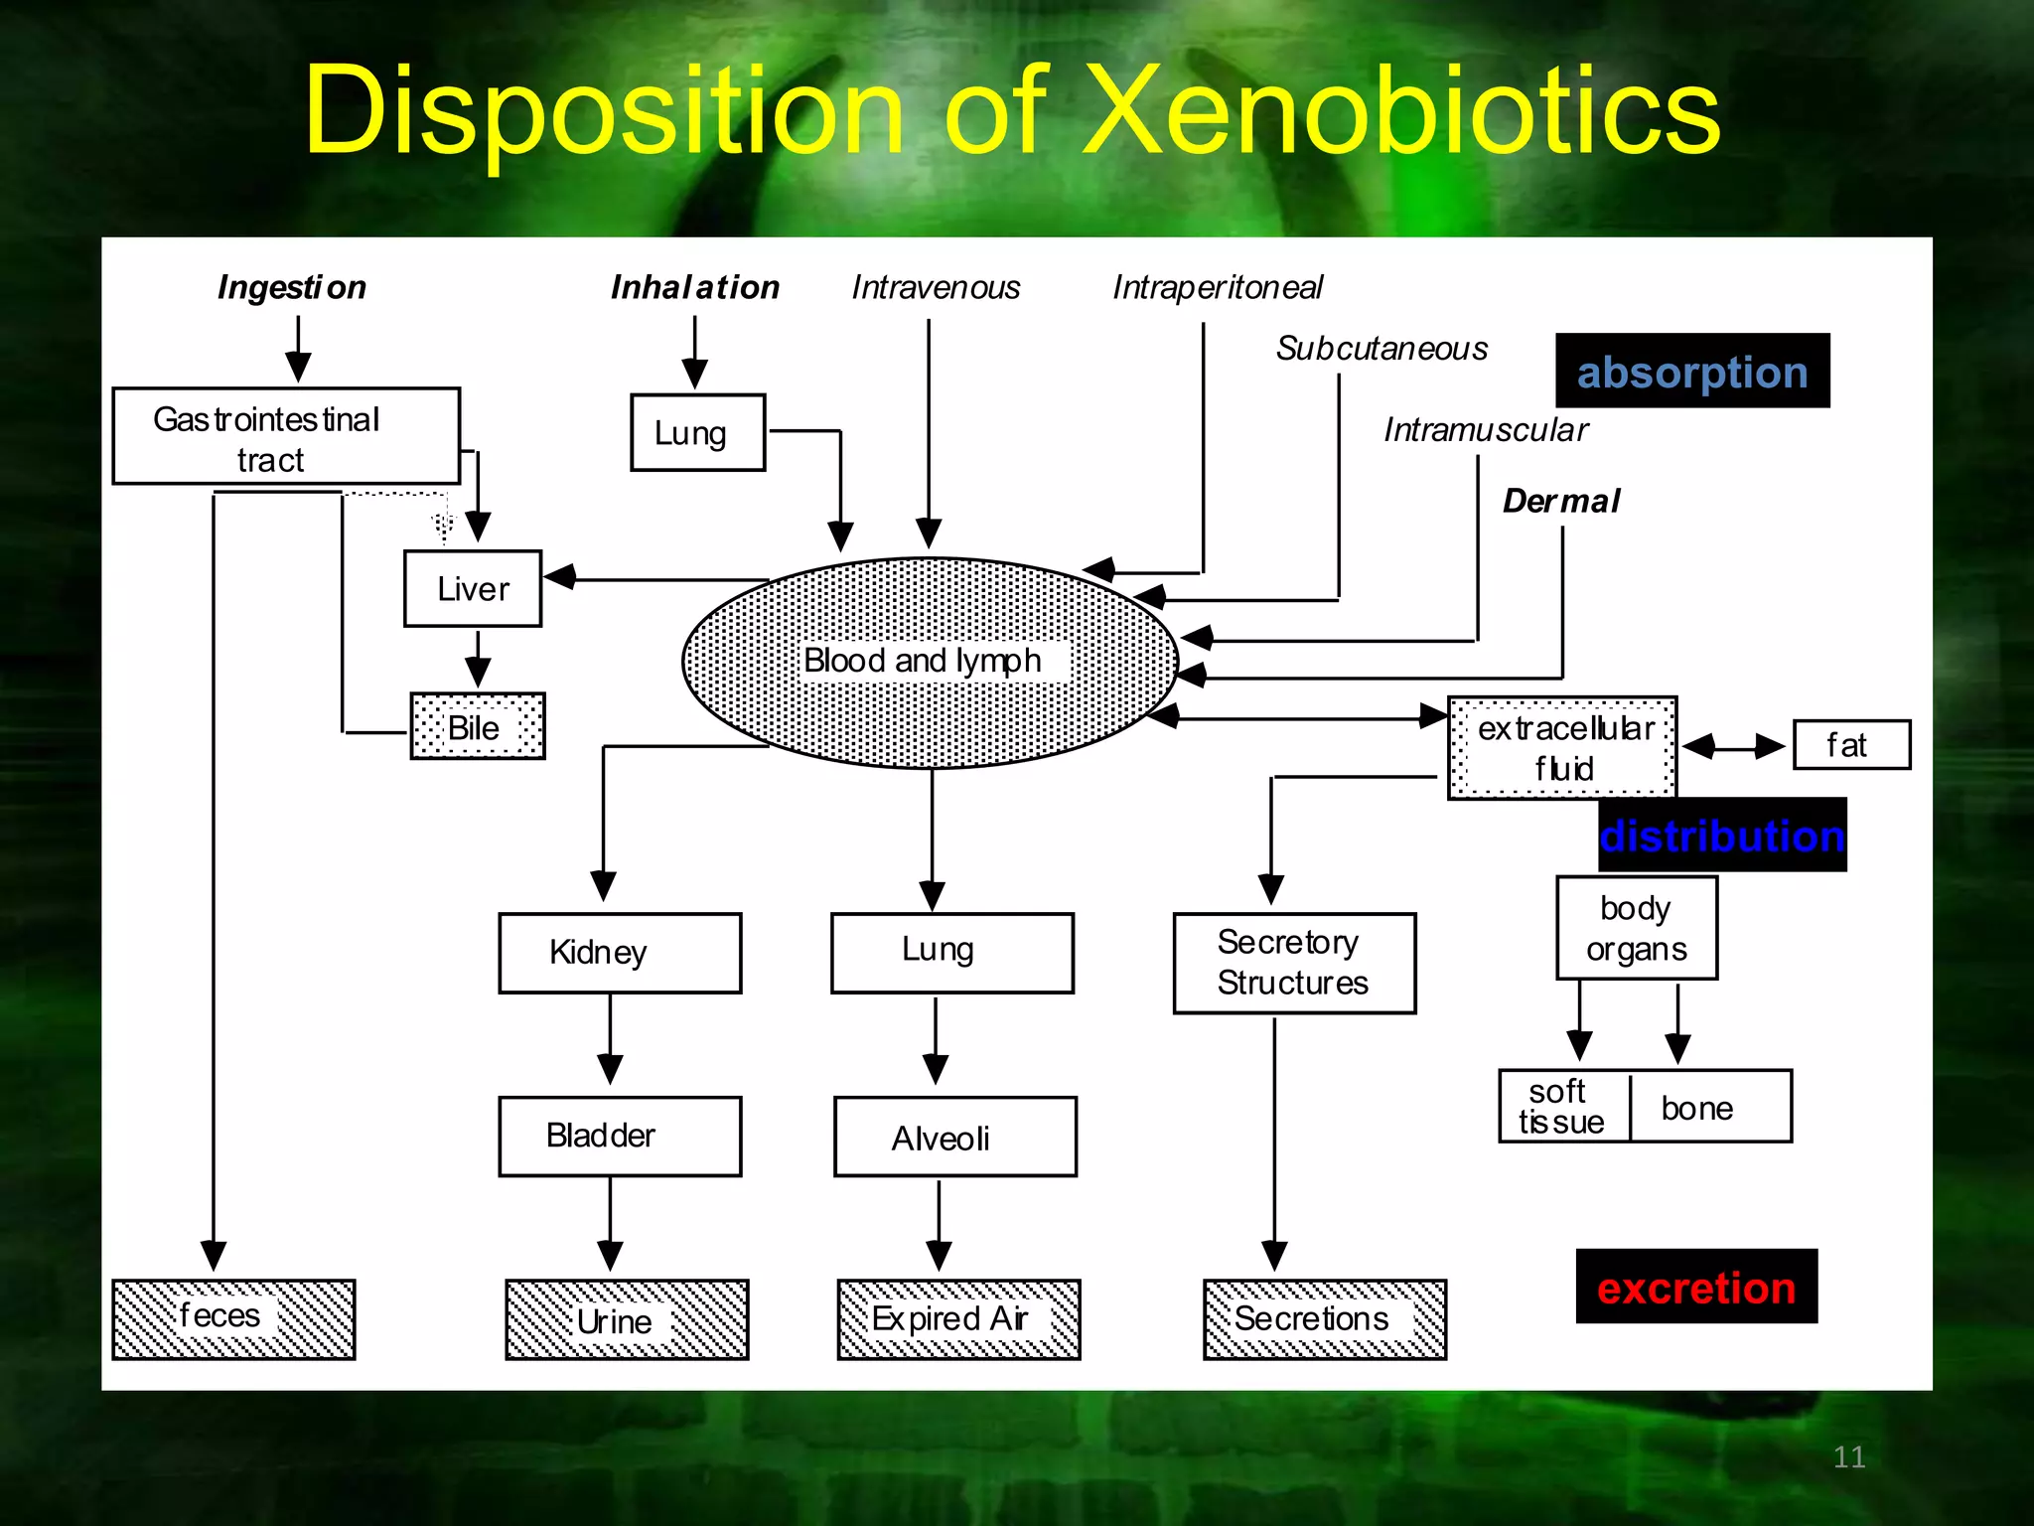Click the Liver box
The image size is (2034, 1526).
tap(473, 588)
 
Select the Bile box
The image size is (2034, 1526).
tap(478, 726)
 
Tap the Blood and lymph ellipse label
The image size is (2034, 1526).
tap(924, 661)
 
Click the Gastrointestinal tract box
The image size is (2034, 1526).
tap(286, 436)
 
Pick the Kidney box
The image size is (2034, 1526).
tap(620, 953)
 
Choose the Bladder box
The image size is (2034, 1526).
tap(620, 1136)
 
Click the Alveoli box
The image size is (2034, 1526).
tap(954, 1137)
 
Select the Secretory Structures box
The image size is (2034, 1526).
tap(1294, 963)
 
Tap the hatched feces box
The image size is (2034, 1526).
tap(233, 1318)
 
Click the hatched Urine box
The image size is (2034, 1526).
tap(627, 1319)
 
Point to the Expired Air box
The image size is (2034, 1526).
tap(958, 1319)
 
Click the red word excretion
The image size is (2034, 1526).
tap(1696, 1288)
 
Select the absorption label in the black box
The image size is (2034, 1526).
tap(1692, 372)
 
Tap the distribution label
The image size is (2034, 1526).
tap(1722, 836)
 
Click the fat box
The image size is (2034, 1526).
tap(1851, 745)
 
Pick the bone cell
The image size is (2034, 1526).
tap(1708, 1107)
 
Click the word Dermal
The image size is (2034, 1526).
tap(1561, 501)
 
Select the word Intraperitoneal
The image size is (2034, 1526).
tap(1217, 287)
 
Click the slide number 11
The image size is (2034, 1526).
tap(1848, 1456)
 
